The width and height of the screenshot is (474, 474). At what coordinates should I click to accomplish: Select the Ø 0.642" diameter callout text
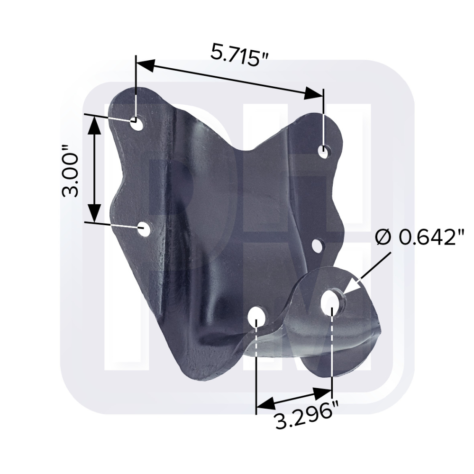pyautogui.click(x=419, y=237)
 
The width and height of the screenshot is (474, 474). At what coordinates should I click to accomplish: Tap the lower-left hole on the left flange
pyautogui.click(x=144, y=229)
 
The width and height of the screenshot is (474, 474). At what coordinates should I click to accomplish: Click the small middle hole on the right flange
pyautogui.click(x=317, y=245)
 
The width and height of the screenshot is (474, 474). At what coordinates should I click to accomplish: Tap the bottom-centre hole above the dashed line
pyautogui.click(x=256, y=316)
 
